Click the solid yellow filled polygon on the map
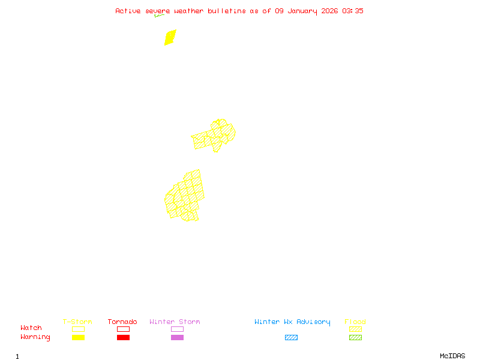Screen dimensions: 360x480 [170, 37]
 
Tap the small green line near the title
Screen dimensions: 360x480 [158, 15]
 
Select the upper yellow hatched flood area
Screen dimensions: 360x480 [214, 136]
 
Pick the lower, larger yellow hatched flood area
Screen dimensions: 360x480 [185, 196]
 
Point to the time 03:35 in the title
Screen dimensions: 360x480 [352, 11]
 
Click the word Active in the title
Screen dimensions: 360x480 [128, 11]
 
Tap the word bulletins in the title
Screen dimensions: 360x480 [227, 11]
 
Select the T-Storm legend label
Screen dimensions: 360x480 [77, 322]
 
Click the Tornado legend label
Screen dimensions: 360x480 [122, 322]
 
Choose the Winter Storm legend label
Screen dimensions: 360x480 [175, 322]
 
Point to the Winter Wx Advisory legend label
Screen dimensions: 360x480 [292, 322]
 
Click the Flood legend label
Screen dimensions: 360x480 [355, 322]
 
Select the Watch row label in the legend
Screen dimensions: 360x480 [31, 328]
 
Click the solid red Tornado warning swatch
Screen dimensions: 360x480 [123, 338]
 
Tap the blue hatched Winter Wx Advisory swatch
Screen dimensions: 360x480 [291, 338]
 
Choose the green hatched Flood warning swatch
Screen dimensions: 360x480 [355, 338]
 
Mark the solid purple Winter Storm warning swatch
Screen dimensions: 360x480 [177, 338]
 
